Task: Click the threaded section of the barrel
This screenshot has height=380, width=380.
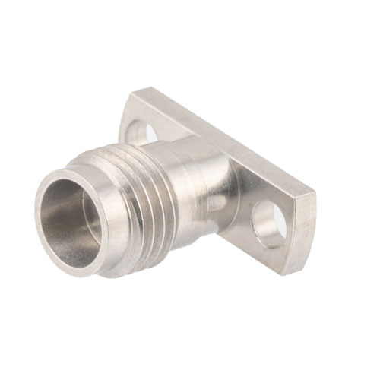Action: [152, 201]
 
